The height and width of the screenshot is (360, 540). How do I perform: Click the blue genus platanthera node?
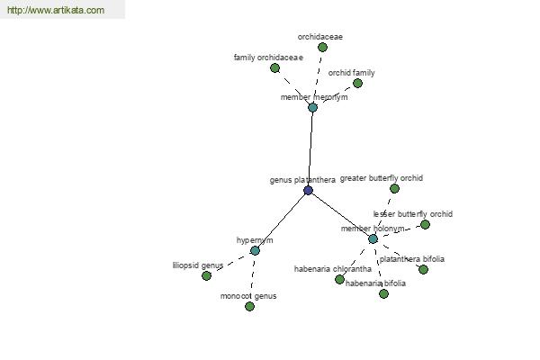click(308, 190)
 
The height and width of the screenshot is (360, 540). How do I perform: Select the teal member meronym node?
click(312, 107)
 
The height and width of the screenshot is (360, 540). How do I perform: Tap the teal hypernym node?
click(255, 250)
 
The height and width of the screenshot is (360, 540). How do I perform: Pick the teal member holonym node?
click(373, 238)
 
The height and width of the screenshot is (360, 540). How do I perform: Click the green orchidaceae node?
click(322, 47)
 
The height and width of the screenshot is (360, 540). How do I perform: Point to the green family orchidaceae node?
click(274, 67)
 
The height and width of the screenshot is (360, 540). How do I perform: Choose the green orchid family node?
click(358, 83)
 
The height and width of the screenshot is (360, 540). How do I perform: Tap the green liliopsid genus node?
click(206, 275)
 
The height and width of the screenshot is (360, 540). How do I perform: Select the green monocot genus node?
click(249, 306)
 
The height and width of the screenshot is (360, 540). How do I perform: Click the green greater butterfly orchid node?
click(394, 188)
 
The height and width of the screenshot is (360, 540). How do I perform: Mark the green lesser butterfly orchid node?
click(425, 225)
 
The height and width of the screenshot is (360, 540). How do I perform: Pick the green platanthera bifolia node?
click(423, 269)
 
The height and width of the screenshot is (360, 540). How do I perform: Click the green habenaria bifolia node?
click(383, 293)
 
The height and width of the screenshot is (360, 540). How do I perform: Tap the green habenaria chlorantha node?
click(339, 279)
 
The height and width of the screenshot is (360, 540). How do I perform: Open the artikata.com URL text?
click(56, 10)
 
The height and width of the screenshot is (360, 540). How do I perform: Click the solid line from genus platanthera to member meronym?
click(310, 148)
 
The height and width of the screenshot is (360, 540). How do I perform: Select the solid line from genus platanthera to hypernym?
click(282, 220)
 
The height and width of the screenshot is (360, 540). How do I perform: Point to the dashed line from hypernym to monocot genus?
click(252, 278)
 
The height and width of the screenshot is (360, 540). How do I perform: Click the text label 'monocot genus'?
click(248, 296)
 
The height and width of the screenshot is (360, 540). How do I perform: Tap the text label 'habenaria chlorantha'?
click(333, 269)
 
